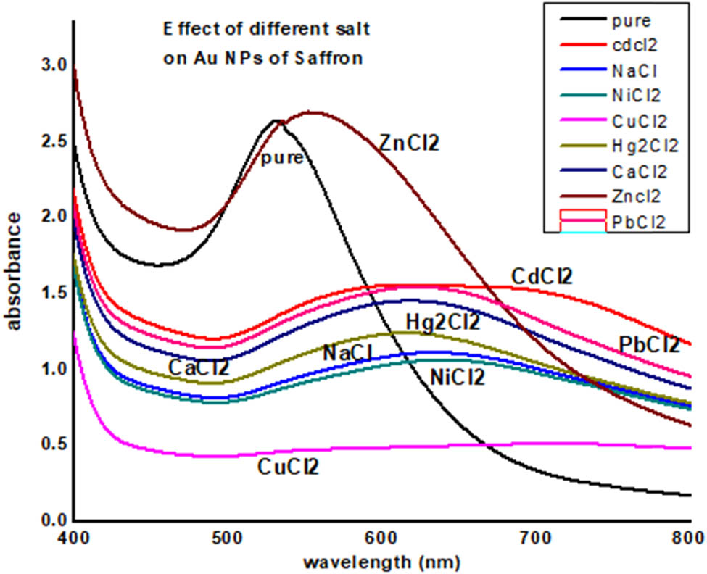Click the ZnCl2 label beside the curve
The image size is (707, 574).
tap(410, 142)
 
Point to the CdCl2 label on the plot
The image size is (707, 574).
tap(542, 276)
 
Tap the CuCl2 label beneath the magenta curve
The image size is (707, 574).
tap(288, 467)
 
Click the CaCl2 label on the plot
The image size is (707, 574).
tap(199, 367)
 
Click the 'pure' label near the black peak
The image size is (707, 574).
tap(282, 157)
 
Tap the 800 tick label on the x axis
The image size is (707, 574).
tap(689, 538)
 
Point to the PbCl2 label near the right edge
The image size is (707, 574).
tap(649, 344)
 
